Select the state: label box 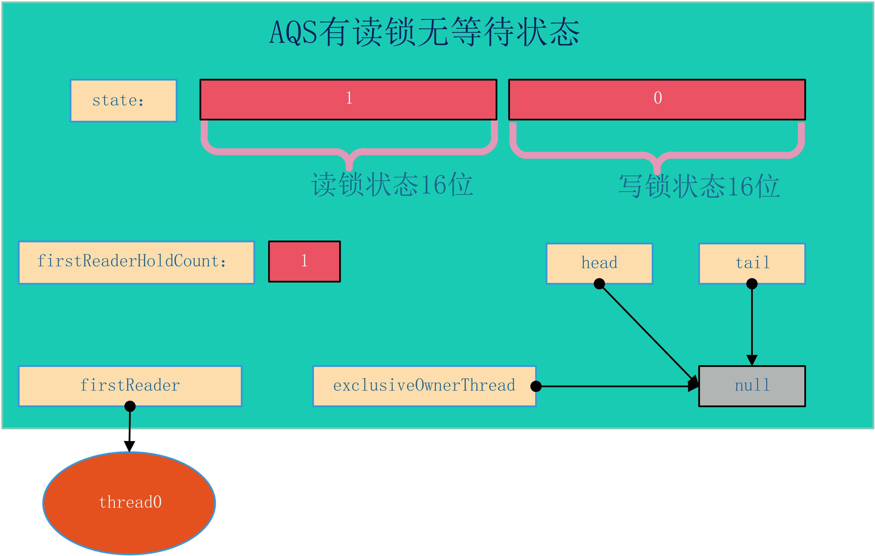[124, 101]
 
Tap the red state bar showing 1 [348, 99]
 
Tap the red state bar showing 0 [657, 99]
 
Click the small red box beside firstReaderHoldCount [304, 261]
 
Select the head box [600, 263]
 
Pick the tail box [752, 263]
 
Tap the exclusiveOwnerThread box [424, 386]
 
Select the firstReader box [130, 386]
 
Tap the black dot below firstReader [130, 406]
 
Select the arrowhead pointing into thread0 [129, 447]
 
